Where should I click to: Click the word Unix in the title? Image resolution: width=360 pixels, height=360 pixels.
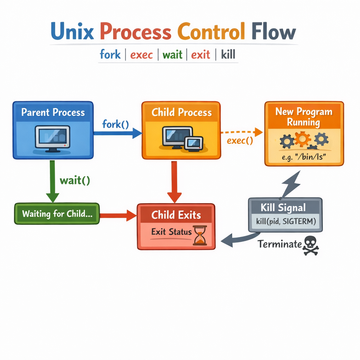pyautogui.click(x=73, y=32)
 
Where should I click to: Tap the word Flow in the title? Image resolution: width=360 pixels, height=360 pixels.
pyautogui.click(x=274, y=32)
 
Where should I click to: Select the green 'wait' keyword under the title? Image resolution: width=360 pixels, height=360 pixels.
pyautogui.click(x=172, y=55)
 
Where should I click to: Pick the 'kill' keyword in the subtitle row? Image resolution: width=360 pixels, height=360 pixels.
pyautogui.click(x=228, y=55)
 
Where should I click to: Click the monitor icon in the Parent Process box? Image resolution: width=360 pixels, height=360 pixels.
pyautogui.click(x=52, y=138)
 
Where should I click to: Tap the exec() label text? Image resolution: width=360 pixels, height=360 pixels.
pyautogui.click(x=240, y=141)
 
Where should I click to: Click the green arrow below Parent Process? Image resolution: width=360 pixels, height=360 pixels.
pyautogui.click(x=52, y=181)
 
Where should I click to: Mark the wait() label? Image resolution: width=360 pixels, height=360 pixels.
pyautogui.click(x=75, y=180)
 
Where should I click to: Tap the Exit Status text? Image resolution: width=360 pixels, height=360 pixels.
pyautogui.click(x=171, y=232)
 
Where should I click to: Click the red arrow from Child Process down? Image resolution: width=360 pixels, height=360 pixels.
pyautogui.click(x=174, y=181)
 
